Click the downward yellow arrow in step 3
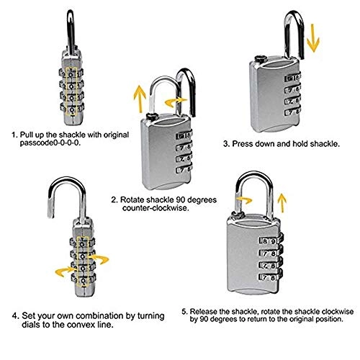coord(313,38)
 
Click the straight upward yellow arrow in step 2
coord(140,99)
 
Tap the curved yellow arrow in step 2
coord(175,102)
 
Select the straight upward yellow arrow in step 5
coord(282,203)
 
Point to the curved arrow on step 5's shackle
coord(244,201)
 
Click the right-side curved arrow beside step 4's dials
coord(100,259)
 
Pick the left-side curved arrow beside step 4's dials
coord(64,272)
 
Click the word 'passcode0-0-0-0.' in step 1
coord(50,143)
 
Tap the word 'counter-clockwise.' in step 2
coord(156,208)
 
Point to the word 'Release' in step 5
coord(204,312)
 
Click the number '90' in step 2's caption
coord(181,199)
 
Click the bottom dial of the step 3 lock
coord(292,112)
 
